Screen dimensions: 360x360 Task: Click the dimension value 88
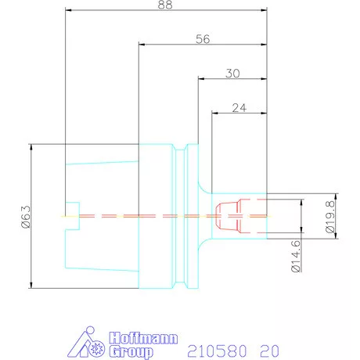point(164,5)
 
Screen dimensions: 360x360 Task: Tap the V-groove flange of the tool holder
point(185,215)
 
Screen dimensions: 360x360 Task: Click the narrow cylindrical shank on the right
point(250,227)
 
